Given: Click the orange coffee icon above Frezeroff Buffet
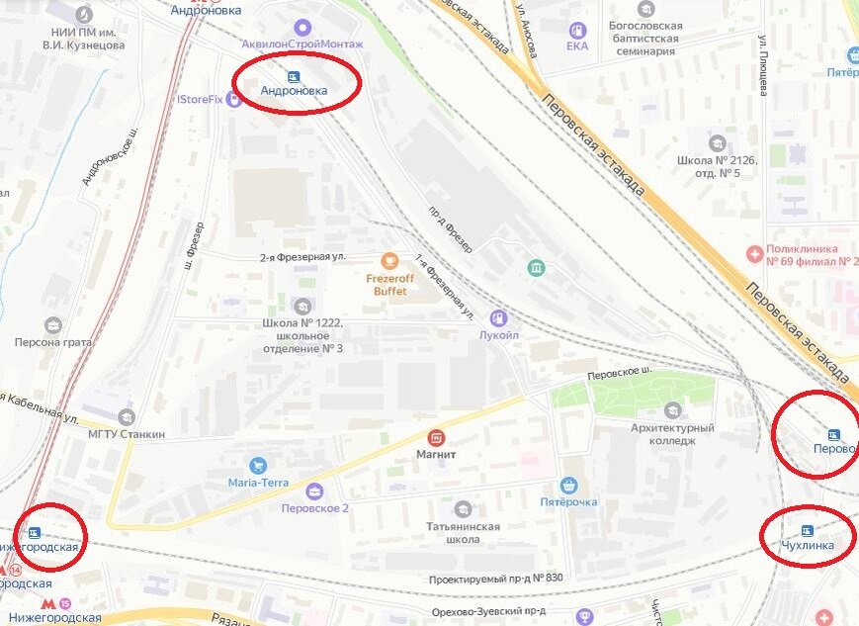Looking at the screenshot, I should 388,261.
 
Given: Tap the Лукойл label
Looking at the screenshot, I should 499,335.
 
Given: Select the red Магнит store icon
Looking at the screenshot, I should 435,438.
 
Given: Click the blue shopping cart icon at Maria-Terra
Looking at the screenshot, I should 258,465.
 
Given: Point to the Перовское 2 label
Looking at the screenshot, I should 315,508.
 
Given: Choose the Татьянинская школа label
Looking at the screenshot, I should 463,533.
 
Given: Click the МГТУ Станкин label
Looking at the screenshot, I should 127,434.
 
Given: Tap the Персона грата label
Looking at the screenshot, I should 52,343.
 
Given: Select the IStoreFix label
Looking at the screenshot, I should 200,99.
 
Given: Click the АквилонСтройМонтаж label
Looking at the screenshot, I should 302,45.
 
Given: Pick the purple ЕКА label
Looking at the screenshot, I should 577,45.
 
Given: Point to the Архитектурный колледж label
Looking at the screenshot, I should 673,434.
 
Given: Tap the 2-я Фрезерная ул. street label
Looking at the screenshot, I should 302,257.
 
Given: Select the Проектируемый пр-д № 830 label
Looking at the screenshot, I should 495,579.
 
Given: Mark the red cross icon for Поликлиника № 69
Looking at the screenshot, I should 755,255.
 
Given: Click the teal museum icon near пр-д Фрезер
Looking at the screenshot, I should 536,268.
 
